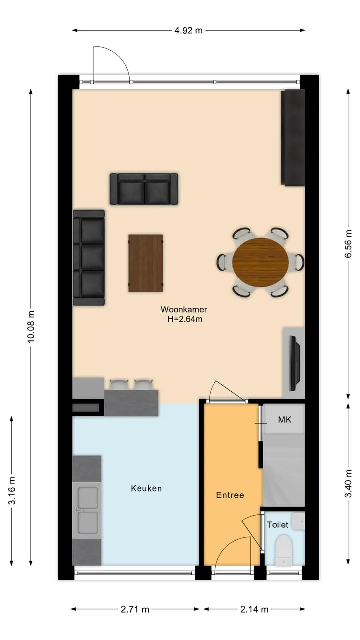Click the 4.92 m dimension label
tap(188, 30)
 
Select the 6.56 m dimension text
tap(348, 244)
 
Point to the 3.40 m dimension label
tap(348, 483)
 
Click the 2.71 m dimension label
tap(135, 609)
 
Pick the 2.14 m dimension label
tap(254, 609)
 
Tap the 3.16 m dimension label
tap(12, 491)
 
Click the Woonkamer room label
tap(184, 309)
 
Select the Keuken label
tap(146, 488)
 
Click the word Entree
tap(230, 495)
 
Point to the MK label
tap(285, 419)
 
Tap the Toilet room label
tap(277, 525)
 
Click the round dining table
tap(260, 262)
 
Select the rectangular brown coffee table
tap(146, 263)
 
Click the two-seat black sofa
tap(144, 189)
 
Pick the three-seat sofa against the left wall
tap(89, 258)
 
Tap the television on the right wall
tap(295, 363)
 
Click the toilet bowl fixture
tap(283, 550)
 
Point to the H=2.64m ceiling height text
tap(185, 319)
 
